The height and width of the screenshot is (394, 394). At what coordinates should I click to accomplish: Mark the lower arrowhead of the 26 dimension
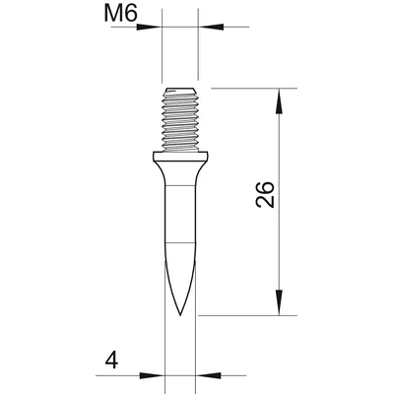(x=280, y=307)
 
